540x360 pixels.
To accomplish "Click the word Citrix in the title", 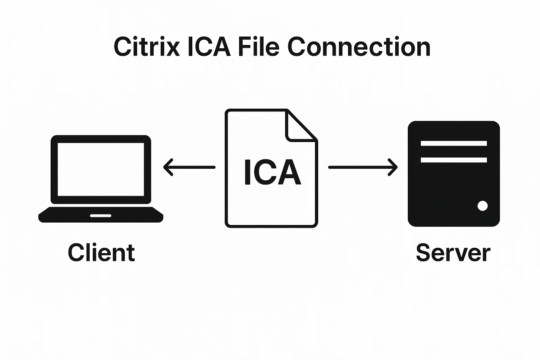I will pos(147,47).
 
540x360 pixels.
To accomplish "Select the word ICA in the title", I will pos(209,47).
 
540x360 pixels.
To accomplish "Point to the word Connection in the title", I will pos(359,47).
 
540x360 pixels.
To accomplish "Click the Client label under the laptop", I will pos(101,253).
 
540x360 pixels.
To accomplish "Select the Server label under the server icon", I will pos(453,253).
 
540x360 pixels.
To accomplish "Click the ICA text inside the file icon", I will pos(272,172).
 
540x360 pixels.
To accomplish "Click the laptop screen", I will pos(101,169).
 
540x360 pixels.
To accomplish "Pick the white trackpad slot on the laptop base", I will pos(101,216).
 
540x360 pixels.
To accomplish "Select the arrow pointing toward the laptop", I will pos(189,167).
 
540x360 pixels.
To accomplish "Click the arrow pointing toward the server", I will pos(362,167).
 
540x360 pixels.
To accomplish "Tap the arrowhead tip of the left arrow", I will pos(165,167).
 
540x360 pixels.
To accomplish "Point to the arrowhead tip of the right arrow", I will pos(397,167).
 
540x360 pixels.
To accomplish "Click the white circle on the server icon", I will pos(482,206).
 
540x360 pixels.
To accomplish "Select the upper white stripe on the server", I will pos(454,143).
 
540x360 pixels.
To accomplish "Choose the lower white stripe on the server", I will pos(454,160).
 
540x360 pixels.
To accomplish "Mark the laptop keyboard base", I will pos(101,215).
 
